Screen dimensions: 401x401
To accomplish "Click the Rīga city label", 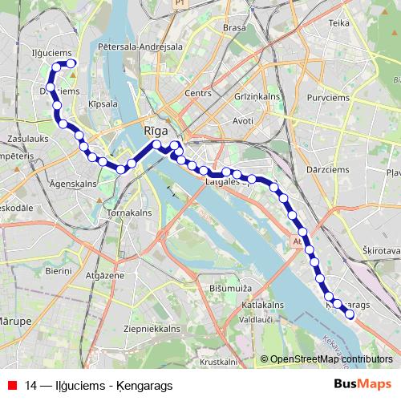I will click(156, 129).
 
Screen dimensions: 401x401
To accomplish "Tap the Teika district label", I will click(339, 23).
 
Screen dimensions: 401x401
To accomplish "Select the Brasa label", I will click(234, 27).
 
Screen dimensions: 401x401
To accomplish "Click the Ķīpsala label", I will click(103, 104).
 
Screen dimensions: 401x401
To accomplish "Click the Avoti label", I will click(242, 121).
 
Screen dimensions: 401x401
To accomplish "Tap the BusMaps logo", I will click(363, 385).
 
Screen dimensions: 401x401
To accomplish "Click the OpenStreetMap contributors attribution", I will click(330, 359).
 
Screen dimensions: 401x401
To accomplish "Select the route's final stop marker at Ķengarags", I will click(349, 314).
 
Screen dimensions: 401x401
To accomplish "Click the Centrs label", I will click(196, 93).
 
